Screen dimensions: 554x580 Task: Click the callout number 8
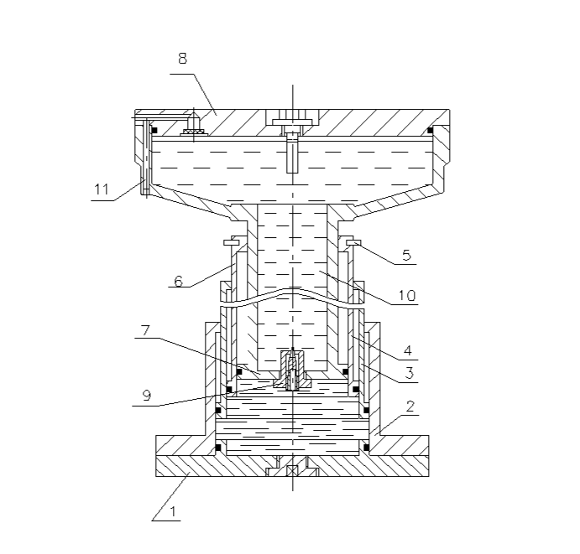click(x=182, y=59)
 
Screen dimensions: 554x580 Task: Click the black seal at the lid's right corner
click(x=430, y=130)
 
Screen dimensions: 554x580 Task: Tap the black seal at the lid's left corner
click(x=155, y=130)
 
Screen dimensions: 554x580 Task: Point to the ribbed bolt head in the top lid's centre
click(x=290, y=118)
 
